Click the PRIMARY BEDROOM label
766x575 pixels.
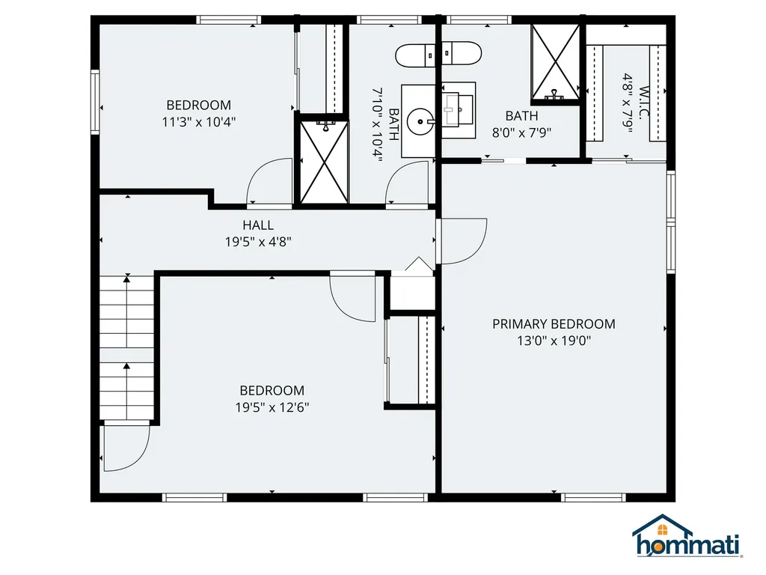554,323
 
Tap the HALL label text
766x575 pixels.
257,225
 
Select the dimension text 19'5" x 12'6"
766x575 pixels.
272,407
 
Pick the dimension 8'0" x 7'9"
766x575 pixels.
521,133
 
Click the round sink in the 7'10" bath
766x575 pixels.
423,121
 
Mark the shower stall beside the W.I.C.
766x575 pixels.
556,63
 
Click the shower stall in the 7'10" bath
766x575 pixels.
323,160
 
